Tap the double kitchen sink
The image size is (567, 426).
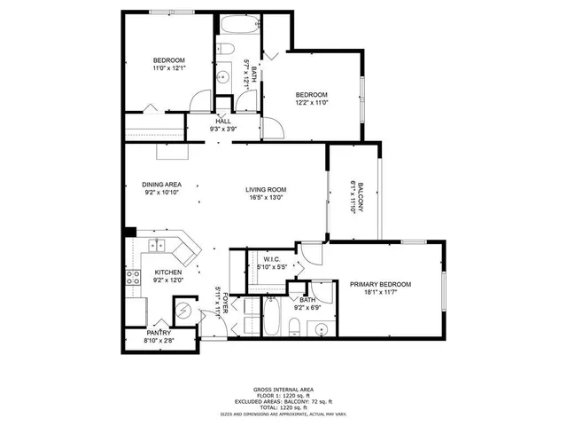[x=159, y=246]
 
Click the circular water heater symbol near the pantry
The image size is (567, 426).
[x=182, y=311]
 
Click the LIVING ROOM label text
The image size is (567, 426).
[x=266, y=189]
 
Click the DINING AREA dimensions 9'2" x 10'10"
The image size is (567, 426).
[x=161, y=193]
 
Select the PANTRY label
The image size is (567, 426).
[x=159, y=332]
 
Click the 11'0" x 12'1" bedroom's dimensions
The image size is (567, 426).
[x=167, y=68]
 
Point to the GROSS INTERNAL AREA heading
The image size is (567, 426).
[x=283, y=389]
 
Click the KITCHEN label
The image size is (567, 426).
[x=168, y=272]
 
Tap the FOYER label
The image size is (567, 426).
[x=225, y=302]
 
